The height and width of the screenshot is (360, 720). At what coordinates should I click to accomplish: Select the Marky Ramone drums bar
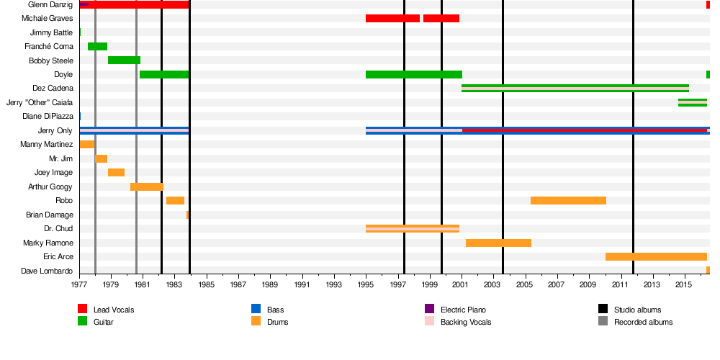[498, 243]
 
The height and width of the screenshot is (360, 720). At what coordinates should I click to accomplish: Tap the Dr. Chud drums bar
[413, 229]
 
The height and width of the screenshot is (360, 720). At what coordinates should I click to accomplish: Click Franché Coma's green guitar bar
[97, 47]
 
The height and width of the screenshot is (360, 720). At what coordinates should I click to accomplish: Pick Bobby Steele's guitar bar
[124, 60]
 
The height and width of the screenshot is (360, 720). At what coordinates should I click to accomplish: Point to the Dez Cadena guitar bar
[575, 89]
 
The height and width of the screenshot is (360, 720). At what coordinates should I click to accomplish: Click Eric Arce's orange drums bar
[656, 257]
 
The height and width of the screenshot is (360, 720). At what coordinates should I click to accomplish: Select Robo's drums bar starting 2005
[568, 201]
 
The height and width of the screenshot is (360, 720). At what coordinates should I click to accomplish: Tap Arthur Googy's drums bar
[147, 187]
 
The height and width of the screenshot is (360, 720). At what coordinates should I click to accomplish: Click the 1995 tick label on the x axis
[366, 285]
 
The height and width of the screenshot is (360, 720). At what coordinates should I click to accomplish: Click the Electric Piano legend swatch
[429, 310]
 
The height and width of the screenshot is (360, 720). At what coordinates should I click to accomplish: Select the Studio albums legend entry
[637, 310]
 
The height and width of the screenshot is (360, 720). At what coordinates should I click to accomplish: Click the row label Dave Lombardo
[49, 271]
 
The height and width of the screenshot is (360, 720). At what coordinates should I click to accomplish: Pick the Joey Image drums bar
[116, 173]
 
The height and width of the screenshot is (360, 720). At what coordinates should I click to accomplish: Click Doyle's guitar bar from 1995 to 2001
[414, 75]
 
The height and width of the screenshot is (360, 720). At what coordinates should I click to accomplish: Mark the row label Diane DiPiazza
[48, 117]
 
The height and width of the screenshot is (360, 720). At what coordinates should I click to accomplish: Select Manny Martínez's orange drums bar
[87, 145]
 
